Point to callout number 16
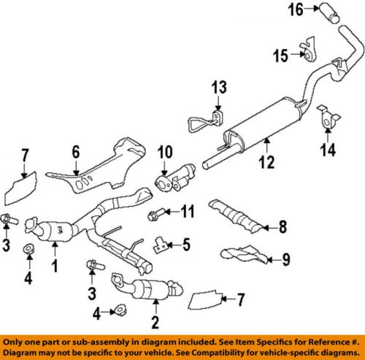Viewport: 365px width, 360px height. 296,11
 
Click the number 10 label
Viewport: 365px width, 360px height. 162,153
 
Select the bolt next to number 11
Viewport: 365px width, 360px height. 155,215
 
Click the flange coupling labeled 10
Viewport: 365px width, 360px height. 174,180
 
